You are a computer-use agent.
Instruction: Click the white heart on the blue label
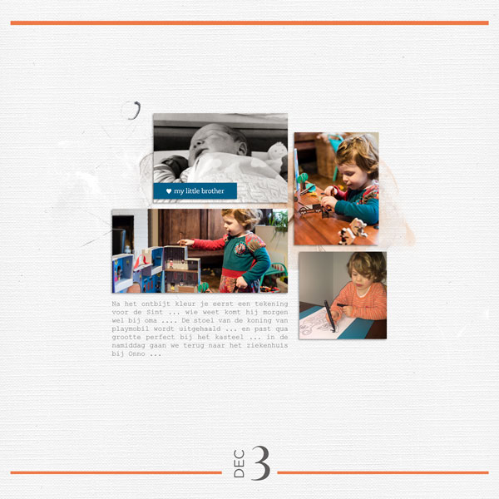coord(169,191)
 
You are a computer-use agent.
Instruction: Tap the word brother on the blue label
coord(213,191)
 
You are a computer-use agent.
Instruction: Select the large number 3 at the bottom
coord(261,463)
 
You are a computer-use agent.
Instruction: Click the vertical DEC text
coord(239,463)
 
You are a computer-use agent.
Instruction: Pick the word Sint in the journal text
coord(155,312)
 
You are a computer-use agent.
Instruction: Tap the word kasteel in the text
coord(230,337)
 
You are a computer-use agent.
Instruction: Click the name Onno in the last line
coord(137,354)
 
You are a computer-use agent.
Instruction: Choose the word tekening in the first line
coord(271,304)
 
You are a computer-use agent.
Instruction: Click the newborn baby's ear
coord(242,148)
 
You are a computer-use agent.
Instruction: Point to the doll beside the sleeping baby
coord(276,156)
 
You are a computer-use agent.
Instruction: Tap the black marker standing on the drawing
coord(329,316)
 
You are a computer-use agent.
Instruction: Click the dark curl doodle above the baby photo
coord(136,110)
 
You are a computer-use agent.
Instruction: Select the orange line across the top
coord(249,23)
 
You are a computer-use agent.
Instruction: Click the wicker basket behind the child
coord(326,156)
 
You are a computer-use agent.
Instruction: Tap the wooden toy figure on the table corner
coord(353,231)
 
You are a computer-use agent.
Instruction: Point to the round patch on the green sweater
coord(240,248)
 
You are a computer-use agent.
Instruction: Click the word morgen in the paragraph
coord(275,313)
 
